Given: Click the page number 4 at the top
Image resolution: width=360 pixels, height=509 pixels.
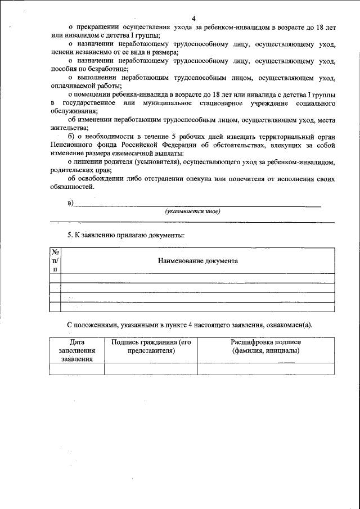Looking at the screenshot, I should click(193, 19).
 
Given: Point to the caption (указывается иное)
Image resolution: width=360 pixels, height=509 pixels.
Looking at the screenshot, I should click(192, 211).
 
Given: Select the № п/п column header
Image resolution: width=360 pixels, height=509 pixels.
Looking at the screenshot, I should click(55, 260).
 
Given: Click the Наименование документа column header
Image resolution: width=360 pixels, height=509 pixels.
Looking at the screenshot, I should click(197, 261).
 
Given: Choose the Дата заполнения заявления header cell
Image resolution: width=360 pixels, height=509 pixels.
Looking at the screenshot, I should click(77, 350).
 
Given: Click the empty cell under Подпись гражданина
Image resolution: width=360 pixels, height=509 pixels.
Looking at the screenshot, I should click(151, 368).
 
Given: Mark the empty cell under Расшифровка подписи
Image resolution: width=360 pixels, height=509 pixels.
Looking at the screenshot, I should click(265, 368).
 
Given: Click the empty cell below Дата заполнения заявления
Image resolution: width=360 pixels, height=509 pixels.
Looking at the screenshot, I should click(77, 368).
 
